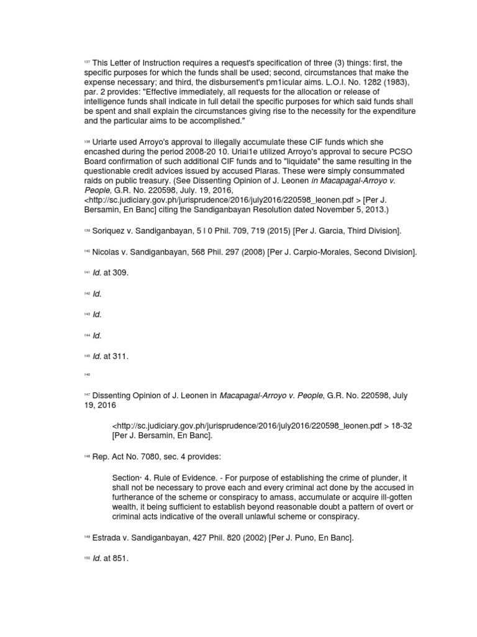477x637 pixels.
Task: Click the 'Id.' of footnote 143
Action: click(97, 315)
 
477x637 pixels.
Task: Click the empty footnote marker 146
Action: click(86, 374)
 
